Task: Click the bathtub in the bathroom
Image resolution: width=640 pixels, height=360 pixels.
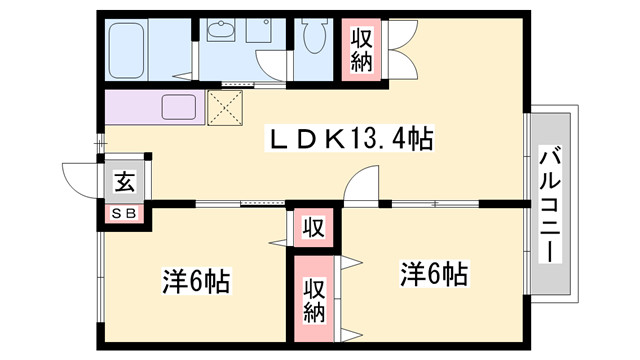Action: pos(127,51)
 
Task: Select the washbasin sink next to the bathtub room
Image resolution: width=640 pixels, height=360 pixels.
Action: pos(221,30)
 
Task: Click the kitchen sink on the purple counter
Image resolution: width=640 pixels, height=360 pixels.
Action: pos(179,107)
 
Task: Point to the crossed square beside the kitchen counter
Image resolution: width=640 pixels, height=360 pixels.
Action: pos(225,108)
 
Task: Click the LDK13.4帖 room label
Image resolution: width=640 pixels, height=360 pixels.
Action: pos(350,139)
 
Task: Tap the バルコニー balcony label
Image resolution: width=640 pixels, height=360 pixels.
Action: pos(550,204)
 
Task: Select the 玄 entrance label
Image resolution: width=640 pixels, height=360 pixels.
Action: pos(124,181)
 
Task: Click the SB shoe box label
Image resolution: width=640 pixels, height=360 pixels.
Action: pos(124,213)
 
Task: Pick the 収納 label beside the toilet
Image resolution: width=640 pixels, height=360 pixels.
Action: pos(362,50)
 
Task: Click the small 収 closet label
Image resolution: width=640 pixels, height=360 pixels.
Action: pos(313,228)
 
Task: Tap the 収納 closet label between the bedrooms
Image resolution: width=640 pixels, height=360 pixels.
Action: pos(314,300)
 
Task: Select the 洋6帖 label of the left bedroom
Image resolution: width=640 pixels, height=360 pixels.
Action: pos(196,281)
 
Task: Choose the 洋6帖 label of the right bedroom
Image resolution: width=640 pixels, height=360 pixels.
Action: pos(434,273)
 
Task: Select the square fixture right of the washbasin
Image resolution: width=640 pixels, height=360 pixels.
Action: pos(259,30)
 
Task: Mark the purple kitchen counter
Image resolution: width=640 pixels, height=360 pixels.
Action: pos(155,107)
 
